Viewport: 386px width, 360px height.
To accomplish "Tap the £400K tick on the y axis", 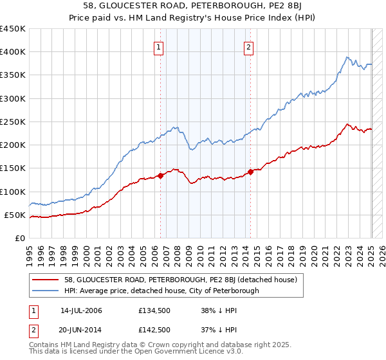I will [13, 52].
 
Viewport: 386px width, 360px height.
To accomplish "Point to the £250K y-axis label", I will [13, 122].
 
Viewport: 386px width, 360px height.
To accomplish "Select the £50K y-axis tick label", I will [15, 215].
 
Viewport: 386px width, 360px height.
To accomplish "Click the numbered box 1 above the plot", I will [158, 46].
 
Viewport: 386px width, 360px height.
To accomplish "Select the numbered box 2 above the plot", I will [248, 46].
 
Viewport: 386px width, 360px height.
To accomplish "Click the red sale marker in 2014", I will [250, 172].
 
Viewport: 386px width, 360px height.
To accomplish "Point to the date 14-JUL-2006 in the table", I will [81, 310].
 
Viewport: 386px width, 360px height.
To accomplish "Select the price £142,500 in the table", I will [154, 329].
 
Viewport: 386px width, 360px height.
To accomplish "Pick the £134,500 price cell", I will [154, 310].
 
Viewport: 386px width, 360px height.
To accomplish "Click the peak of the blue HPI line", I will [347, 57].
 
